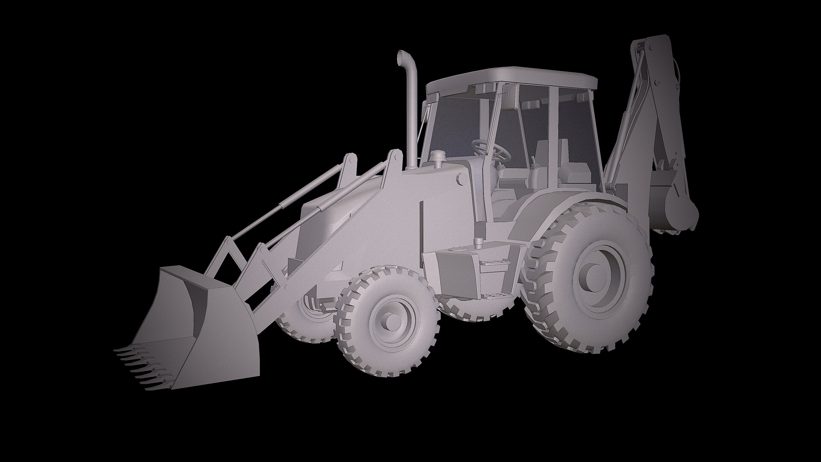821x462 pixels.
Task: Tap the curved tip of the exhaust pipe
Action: pyautogui.click(x=402, y=57)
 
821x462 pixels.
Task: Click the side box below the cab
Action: pyautogui.click(x=473, y=269)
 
